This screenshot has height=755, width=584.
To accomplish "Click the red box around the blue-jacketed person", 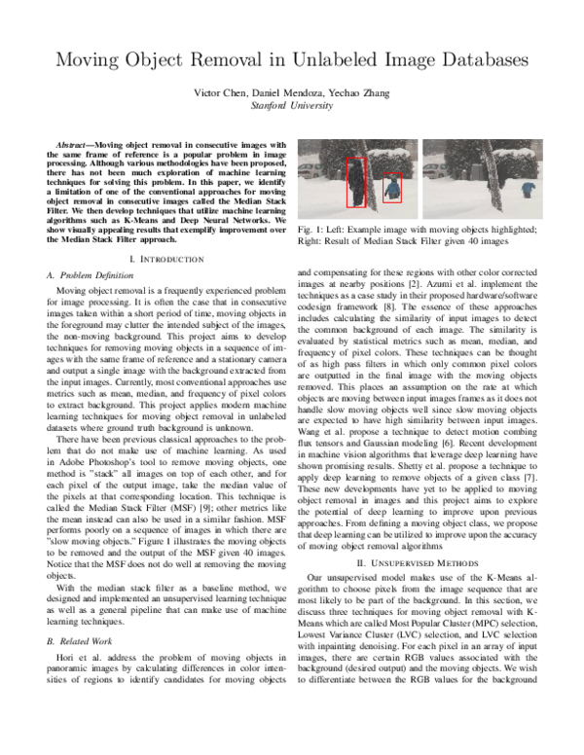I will pos(391,188).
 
